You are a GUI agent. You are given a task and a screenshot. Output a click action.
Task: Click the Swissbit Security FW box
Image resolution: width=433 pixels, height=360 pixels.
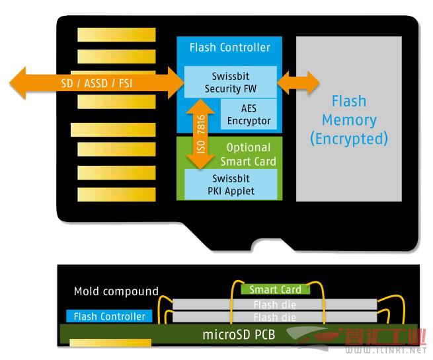[230, 82]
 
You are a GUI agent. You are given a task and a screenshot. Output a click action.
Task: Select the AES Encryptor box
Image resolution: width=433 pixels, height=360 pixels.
[249, 114]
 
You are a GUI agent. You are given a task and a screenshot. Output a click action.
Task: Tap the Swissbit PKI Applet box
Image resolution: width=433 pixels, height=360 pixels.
[231, 184]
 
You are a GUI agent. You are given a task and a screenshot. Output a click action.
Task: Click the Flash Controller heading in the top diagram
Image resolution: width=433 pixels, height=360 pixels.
[230, 48]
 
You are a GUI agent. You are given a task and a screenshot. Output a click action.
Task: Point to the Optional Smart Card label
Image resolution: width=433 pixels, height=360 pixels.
[249, 155]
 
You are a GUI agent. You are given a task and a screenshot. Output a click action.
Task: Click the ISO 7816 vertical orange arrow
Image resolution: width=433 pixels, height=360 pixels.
[200, 134]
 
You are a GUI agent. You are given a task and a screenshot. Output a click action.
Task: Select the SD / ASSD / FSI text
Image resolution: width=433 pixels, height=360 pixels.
[97, 83]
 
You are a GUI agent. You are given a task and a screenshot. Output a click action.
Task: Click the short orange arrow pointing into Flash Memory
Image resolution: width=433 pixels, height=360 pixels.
[298, 83]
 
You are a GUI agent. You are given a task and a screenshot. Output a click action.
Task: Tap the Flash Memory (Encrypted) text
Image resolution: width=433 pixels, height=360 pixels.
[349, 120]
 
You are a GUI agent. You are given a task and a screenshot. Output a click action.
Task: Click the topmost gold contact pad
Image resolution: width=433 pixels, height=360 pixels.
[116, 35]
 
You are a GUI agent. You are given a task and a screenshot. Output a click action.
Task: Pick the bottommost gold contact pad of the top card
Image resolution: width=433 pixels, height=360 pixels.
[116, 194]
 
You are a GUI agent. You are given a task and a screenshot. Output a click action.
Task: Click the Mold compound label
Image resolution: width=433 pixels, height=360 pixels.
[116, 291]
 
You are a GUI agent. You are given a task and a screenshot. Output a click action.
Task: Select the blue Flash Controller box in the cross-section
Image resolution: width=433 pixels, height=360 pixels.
[109, 316]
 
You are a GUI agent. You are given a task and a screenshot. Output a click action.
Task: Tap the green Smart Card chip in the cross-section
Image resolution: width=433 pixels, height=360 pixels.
[275, 289]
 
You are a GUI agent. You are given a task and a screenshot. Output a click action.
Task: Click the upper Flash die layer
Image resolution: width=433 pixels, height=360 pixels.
[275, 305]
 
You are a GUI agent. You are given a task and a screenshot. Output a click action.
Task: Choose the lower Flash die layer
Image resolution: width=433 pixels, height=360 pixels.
[275, 317]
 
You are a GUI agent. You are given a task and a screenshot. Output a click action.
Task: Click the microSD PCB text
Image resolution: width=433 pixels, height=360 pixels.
[239, 335]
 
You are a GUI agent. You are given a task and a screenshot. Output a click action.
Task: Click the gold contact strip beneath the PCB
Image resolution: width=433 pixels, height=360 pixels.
[110, 343]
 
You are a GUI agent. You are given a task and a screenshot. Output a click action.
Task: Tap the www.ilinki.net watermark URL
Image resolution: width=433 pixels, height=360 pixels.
[385, 350]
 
